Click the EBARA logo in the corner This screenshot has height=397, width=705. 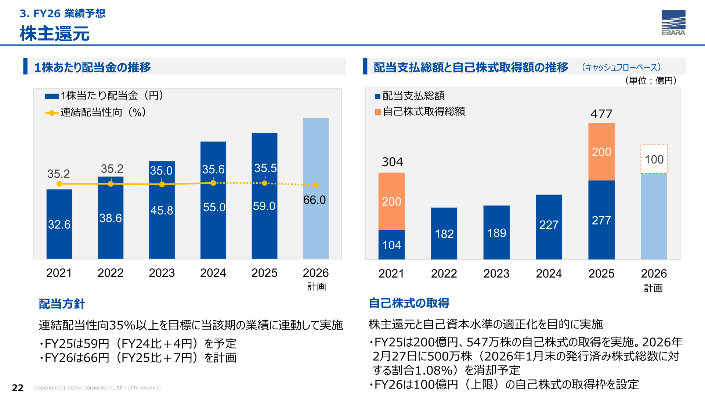pos(673,23)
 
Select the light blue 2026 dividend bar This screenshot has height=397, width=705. pos(316,188)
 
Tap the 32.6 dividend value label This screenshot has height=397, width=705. pos(59,224)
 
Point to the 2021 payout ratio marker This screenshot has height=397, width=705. pos(59,184)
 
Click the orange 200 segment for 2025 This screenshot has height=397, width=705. pos(601,152)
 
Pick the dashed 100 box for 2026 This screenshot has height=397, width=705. pos(654,159)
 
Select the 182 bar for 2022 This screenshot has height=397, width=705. pos(444,233)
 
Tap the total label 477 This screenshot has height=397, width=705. pos(601,114)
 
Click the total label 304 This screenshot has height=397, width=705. pos(392,162)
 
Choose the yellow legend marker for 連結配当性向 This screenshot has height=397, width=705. pos(52,113)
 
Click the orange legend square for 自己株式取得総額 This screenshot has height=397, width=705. pos(377,112)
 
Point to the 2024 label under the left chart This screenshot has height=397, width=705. pos(213,273)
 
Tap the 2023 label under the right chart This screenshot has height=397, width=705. pos(496,273)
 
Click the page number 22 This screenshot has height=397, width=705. pos(18,387)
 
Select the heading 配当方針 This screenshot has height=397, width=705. pos(62,304)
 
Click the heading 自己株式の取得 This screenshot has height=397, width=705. pos(409,303)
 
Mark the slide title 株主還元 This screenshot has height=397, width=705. pos(54,33)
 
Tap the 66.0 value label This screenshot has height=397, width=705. pos(314,200)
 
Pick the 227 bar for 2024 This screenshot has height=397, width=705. pos(549,227)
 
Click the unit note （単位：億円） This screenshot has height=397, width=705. pos(651,81)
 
